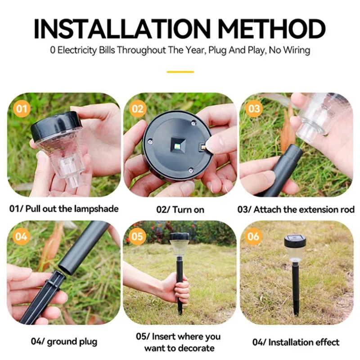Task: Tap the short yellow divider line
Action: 180,72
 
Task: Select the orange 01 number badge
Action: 22,108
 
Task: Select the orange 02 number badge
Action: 138,108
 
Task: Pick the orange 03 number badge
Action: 254,108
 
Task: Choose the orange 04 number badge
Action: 22,236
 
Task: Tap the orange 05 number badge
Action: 138,236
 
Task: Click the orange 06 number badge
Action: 254,236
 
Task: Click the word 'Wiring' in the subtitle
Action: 295,50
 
